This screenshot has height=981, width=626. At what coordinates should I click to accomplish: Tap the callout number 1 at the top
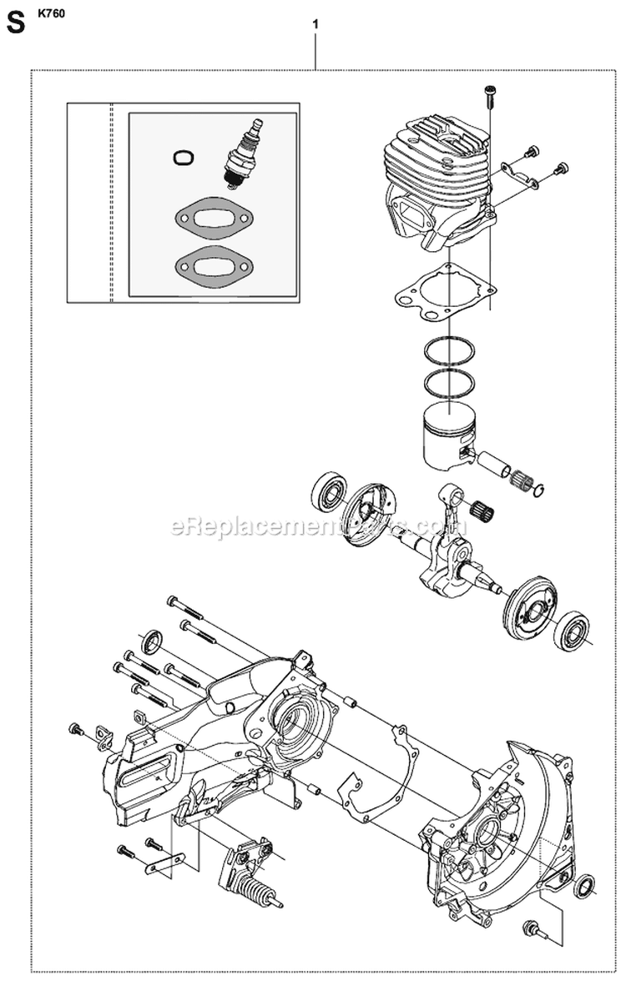(315, 25)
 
